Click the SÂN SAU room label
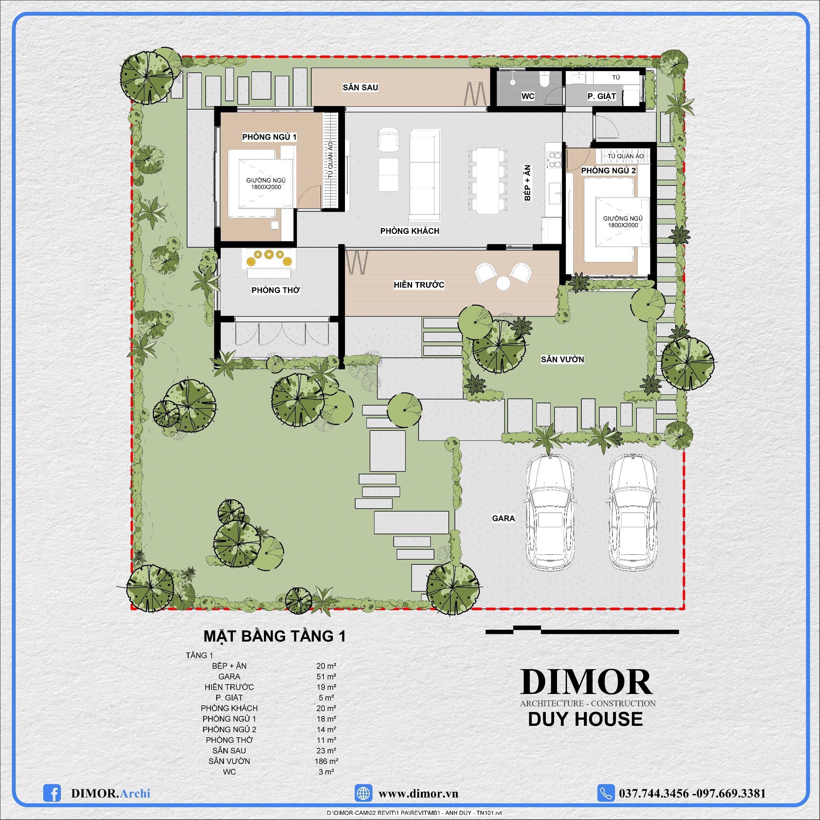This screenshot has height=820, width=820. point(360,87)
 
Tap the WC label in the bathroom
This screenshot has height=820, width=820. point(528,96)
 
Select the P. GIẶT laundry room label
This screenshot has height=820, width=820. point(602,96)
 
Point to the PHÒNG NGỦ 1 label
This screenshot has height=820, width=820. point(269,137)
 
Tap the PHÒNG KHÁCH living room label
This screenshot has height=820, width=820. point(410,231)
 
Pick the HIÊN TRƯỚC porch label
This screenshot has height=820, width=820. point(419,284)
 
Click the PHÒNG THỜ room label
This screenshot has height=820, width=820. point(275,290)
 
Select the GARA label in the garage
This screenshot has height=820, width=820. point(504,518)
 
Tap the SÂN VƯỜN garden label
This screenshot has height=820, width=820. point(562,359)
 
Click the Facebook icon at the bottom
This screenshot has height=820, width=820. point(52,793)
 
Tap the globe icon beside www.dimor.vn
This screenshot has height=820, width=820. point(363,793)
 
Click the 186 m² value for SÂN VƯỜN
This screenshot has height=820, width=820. point(326,761)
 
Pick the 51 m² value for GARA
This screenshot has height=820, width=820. point(326,676)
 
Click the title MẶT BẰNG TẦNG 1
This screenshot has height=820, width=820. point(275,636)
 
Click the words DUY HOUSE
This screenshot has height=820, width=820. point(585,719)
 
